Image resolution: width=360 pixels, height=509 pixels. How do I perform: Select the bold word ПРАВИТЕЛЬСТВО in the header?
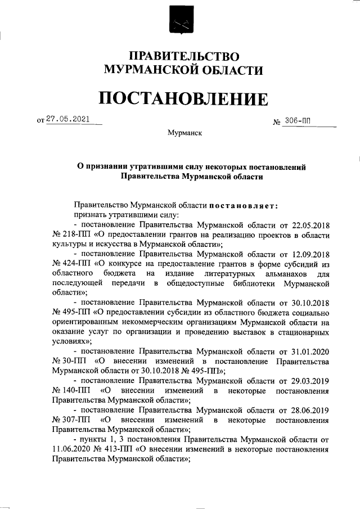pyautogui.click(x=184, y=56)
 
